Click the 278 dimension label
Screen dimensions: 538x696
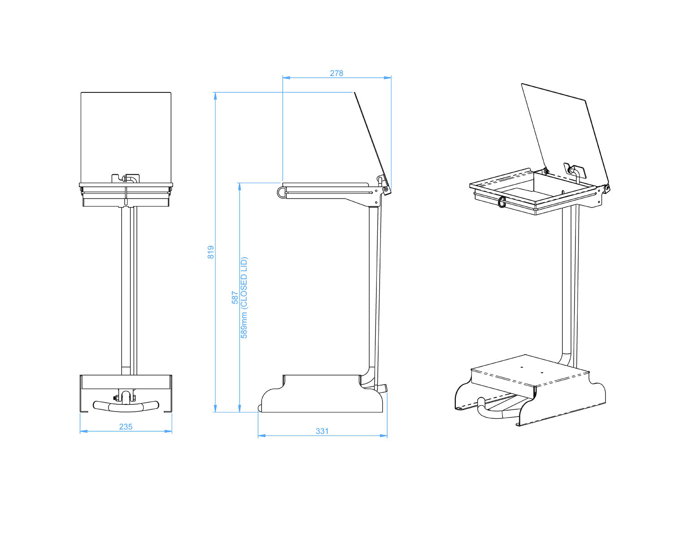pyautogui.click(x=336, y=73)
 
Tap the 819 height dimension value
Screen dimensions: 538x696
pyautogui.click(x=211, y=252)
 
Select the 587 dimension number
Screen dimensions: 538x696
pyautogui.click(x=235, y=298)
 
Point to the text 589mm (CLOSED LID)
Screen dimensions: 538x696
pyautogui.click(x=244, y=298)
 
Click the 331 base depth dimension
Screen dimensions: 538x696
pyautogui.click(x=322, y=431)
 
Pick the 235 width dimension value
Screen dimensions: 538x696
pyautogui.click(x=125, y=427)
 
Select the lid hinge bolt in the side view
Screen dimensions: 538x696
pyautogui.click(x=385, y=190)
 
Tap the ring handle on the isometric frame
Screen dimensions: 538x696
pyautogui.click(x=501, y=202)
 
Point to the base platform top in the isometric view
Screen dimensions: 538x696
pyautogui.click(x=529, y=370)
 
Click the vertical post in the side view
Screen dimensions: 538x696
pyautogui.click(x=372, y=287)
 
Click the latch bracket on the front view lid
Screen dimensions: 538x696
pyautogui.click(x=126, y=178)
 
